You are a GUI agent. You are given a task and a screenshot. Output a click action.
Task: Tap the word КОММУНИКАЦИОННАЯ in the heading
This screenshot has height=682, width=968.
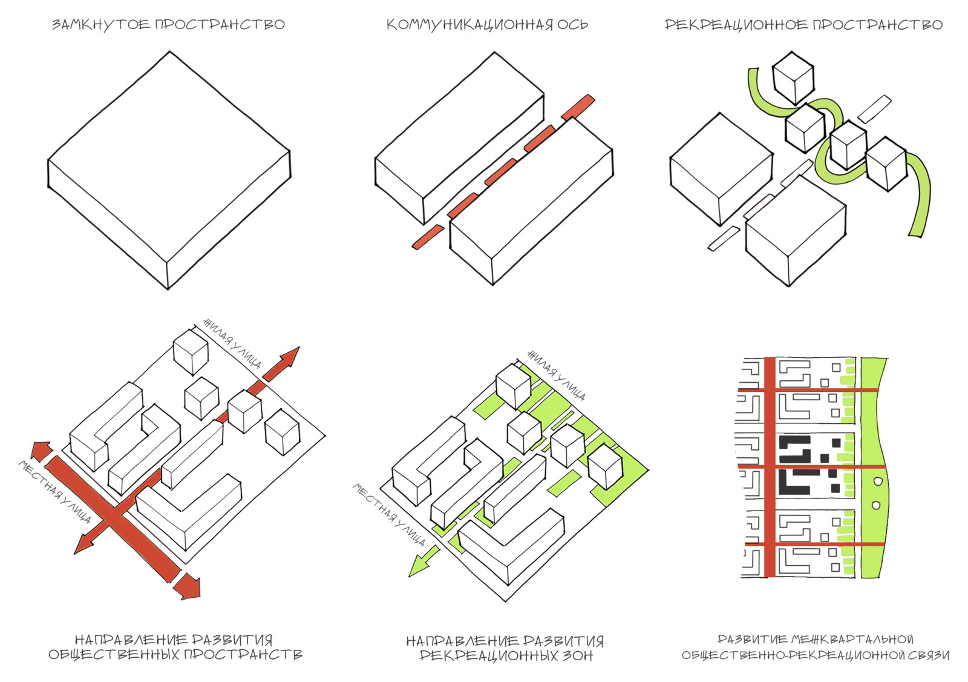point(469,25)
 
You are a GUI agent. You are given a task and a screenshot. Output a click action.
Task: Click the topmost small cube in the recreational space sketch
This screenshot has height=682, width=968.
point(792,78)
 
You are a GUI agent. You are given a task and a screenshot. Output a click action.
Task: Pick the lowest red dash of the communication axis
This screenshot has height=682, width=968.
point(428,236)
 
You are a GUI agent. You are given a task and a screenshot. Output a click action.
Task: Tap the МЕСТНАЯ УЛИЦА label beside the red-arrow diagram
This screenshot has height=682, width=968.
point(55,492)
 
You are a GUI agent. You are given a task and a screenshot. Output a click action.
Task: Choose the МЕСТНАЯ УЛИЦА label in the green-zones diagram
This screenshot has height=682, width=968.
point(390,514)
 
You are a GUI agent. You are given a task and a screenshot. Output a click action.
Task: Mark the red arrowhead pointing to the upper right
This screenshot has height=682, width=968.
point(287,359)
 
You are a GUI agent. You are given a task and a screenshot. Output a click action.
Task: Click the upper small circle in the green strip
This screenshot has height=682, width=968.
point(878,481)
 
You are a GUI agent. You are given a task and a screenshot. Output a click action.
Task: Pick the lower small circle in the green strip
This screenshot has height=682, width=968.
point(875,505)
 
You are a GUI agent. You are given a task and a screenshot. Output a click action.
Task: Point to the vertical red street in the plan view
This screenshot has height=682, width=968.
point(770,466)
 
